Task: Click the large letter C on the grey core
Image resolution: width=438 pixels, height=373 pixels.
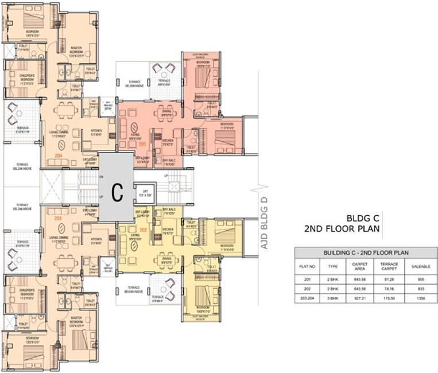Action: (117, 192)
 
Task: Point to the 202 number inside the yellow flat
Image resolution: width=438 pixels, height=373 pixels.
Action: (143, 230)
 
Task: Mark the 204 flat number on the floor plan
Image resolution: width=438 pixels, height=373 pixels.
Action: (57, 155)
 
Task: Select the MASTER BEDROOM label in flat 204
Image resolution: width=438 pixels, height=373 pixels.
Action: (76, 50)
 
